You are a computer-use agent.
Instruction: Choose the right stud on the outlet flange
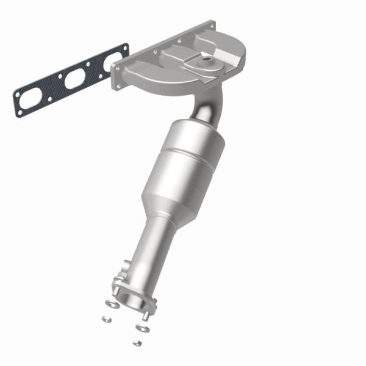pos(146,314)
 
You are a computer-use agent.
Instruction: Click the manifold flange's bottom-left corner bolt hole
pos(116,85)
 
